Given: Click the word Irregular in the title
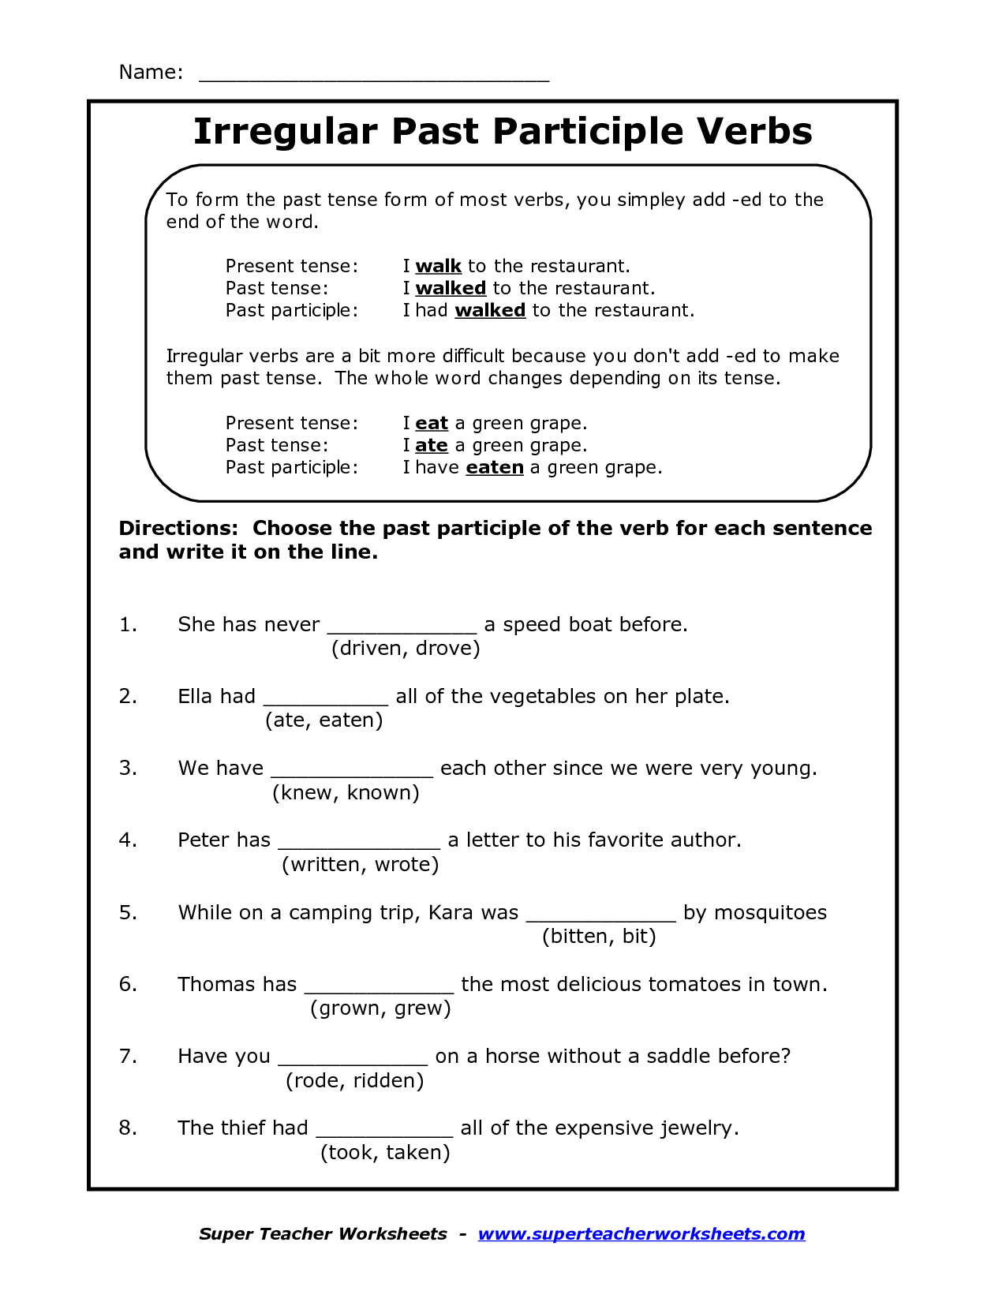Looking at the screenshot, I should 286,132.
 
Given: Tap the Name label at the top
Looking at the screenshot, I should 150,73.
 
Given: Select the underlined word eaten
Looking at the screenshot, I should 495,468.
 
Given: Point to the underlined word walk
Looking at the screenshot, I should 438,267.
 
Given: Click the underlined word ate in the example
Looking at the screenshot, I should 432,446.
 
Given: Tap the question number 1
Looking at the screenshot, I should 128,625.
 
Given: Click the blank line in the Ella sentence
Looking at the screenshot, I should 326,702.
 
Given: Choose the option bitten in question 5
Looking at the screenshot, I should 578,937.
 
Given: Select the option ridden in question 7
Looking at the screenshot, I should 388,1081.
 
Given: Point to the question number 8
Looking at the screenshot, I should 128,1128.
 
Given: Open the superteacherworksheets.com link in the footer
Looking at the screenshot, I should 641,1234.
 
